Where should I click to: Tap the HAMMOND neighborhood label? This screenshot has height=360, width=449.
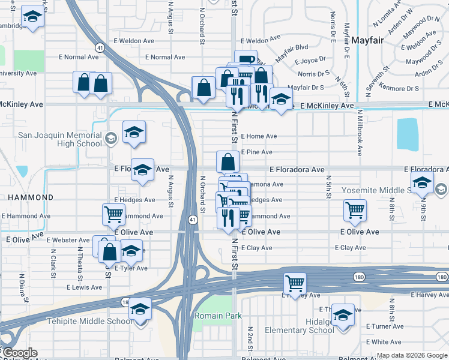point(30,197)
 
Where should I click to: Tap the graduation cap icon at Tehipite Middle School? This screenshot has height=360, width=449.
point(140,310)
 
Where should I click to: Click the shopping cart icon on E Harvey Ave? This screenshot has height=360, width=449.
point(295,283)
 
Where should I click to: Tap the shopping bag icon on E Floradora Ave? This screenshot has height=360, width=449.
point(228,162)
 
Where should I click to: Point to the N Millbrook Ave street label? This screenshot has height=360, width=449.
point(360,132)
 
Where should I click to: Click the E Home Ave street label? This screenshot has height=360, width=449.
point(259,136)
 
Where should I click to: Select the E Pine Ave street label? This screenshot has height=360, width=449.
point(256,152)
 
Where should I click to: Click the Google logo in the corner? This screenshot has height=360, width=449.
point(19,353)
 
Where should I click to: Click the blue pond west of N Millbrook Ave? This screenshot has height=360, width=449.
point(408,133)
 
